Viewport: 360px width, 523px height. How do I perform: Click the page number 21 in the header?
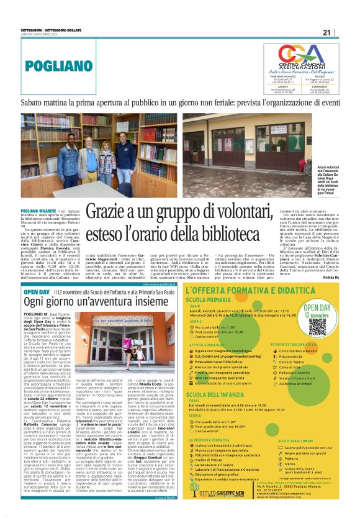click(x=345, y=32)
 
